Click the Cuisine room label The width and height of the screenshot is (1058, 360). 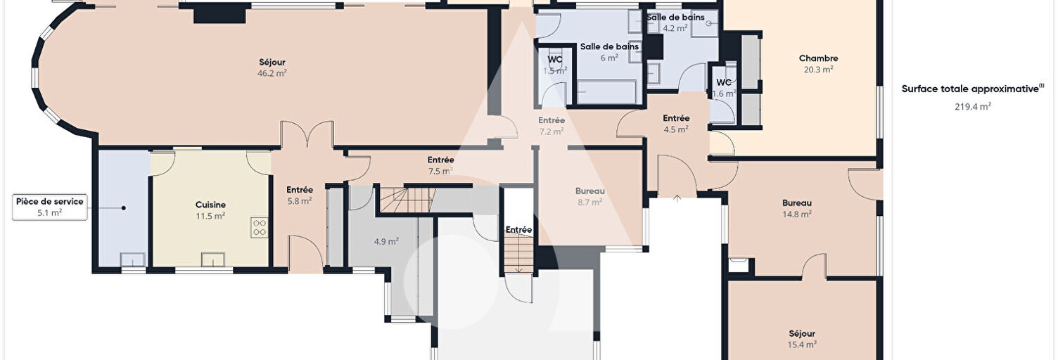pos(210,205)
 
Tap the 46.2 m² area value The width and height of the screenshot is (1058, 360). pos(272,73)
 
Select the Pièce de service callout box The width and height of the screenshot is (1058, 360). pos(49,207)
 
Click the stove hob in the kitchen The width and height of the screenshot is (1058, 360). pos(260,227)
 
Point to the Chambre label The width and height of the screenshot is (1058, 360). pos(819,58)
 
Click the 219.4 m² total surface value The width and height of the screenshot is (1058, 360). pos(972,107)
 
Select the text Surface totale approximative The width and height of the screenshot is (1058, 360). pos(970,89)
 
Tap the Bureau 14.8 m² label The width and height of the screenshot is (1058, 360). pos(797,208)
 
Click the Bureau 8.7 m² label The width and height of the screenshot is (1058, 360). pos(590,196)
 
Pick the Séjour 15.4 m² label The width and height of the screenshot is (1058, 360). pos(802,339)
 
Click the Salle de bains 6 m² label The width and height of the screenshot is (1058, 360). pos(609,52)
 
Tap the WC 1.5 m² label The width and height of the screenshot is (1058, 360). pos(555,65)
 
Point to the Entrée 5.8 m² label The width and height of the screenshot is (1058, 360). pos(300,195)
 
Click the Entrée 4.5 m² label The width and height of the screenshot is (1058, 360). pos(676,124)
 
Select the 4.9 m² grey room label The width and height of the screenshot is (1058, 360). pos(386,242)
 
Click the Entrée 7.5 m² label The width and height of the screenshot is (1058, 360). pos(440,166)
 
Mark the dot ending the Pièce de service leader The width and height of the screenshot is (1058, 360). pos(123,207)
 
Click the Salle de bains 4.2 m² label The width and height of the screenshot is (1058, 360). pos(675,22)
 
